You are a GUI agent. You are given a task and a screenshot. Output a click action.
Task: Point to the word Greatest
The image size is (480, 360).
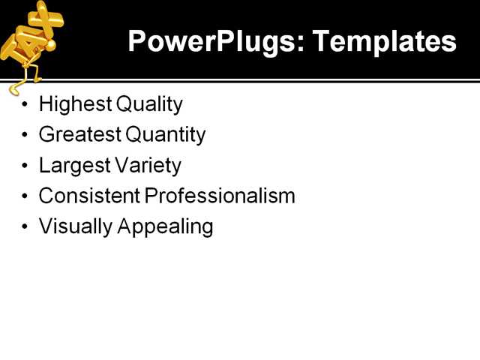click(79, 134)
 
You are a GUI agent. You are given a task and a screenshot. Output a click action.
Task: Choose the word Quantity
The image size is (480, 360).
click(165, 134)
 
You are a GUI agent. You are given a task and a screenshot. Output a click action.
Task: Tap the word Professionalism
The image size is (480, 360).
click(220, 196)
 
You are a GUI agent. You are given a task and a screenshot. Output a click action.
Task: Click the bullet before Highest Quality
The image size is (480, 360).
click(25, 104)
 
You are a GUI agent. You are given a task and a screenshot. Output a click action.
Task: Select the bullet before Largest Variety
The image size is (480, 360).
click(25, 166)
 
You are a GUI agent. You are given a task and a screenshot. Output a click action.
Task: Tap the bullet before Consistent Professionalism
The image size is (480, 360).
click(25, 196)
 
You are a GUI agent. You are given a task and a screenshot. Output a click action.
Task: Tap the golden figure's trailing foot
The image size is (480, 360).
click(13, 90)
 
